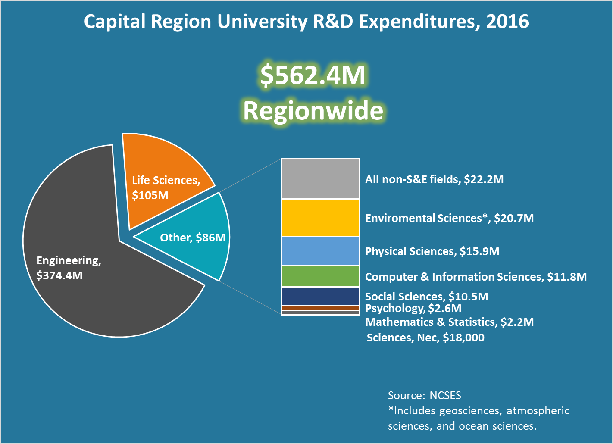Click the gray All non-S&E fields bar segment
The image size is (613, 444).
pyautogui.click(x=320, y=178)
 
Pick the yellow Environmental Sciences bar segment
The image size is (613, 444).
pyautogui.click(x=320, y=218)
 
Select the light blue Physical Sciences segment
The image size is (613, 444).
pyautogui.click(x=320, y=251)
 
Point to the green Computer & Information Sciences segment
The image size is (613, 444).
pyautogui.click(x=320, y=276)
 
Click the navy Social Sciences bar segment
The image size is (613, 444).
pyautogui.click(x=320, y=296)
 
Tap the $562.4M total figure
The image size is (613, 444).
pyautogui.click(x=313, y=75)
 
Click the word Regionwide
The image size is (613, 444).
pyautogui.click(x=313, y=111)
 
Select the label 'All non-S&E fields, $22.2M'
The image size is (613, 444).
pyautogui.click(x=434, y=179)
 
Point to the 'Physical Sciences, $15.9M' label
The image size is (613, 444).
pyautogui.click(x=432, y=251)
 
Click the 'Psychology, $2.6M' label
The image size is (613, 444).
pyautogui.click(x=413, y=308)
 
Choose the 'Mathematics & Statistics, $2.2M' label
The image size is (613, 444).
pyautogui.click(x=449, y=322)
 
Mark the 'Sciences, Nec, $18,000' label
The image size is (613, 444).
pyautogui.click(x=425, y=338)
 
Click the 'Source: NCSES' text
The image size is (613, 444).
pyautogui.click(x=424, y=395)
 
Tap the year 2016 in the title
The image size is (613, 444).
pyautogui.click(x=507, y=22)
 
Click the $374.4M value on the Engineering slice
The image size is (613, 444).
pyautogui.click(x=59, y=275)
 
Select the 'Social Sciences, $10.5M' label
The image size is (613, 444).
pyautogui.click(x=426, y=297)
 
